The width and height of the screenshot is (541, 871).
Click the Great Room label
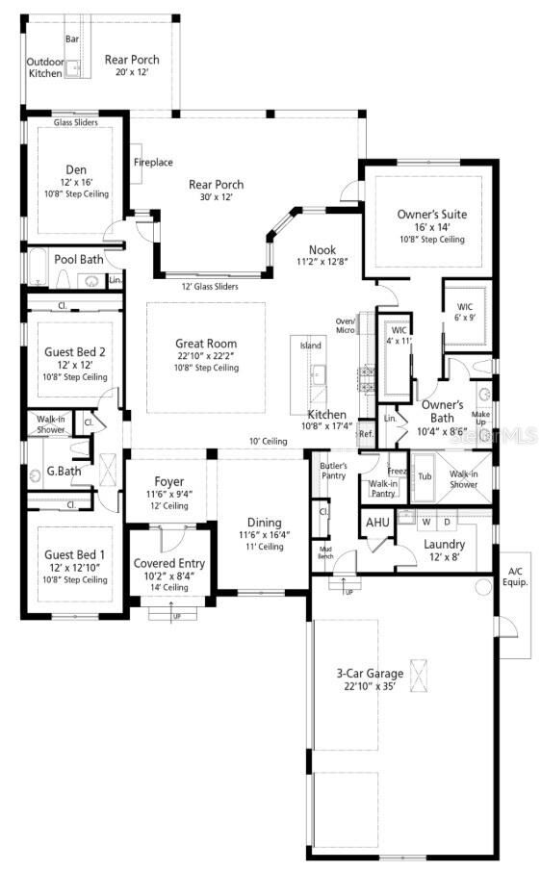[205, 344]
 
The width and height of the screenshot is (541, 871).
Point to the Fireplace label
[152, 162]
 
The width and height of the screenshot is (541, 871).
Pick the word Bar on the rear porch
[72, 39]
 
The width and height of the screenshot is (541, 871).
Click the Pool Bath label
[78, 260]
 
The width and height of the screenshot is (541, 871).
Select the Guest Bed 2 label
[75, 352]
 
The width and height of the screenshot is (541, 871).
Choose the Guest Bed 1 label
[75, 555]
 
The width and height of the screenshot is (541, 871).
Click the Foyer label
[168, 481]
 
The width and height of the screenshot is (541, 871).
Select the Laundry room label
[444, 545]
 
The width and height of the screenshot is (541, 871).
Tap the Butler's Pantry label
[333, 471]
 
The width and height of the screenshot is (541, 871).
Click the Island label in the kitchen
[311, 345]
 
